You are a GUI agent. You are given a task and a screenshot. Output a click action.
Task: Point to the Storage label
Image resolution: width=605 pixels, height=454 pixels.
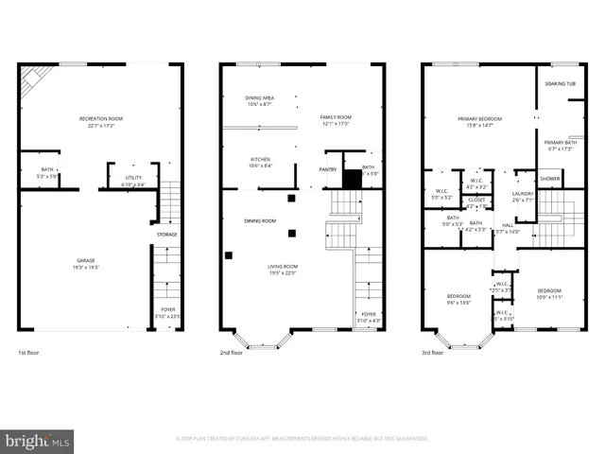click(166, 235)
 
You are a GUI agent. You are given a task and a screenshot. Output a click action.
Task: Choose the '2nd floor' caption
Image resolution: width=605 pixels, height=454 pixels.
click(232, 353)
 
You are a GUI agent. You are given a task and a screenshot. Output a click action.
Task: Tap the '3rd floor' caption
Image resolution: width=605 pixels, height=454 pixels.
click(432, 353)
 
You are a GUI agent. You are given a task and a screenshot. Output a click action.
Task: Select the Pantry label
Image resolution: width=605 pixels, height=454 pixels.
click(328, 169)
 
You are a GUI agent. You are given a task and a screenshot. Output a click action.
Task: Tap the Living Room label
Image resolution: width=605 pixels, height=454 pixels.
click(282, 268)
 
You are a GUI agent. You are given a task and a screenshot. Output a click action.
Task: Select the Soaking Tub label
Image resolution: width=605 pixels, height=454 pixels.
click(560, 83)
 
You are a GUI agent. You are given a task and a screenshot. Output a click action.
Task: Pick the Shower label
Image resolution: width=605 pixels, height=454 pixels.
click(549, 178)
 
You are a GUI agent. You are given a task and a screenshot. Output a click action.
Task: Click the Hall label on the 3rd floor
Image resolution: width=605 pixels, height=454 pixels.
click(507, 226)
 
